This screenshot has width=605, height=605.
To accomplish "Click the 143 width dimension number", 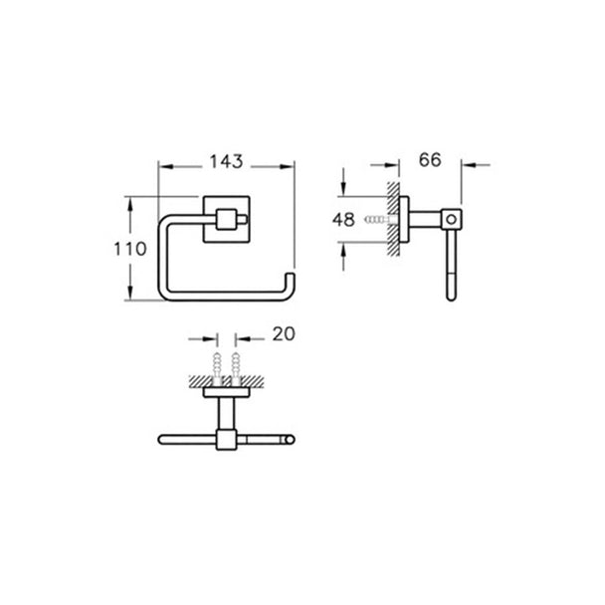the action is (226, 161).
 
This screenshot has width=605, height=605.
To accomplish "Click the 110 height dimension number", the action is (130, 249).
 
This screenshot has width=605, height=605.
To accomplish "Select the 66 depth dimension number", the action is (430, 160).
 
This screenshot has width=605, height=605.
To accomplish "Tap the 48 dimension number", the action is (343, 220).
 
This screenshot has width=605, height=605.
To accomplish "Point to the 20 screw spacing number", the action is (284, 334).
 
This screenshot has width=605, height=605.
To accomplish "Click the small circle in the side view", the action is (451, 220).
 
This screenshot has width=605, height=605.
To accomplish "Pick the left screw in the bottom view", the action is (217, 366).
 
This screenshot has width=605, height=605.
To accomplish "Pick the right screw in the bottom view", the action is (236, 366).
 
